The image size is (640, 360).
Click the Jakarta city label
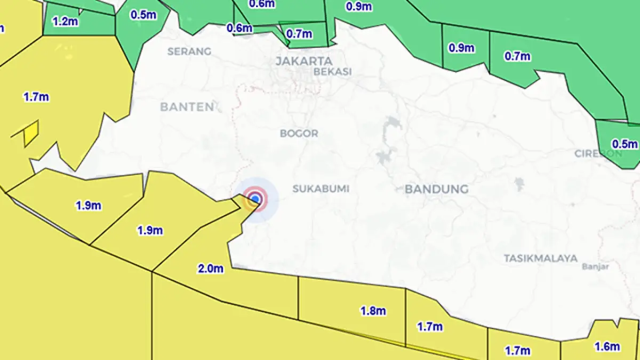coord(303,61)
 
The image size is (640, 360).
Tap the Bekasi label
coord(332,71)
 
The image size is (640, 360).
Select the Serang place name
coord(189,52)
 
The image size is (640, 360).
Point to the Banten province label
coord(187,107)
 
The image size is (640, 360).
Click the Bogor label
coord(299,133)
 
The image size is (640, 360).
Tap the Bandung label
coord(436,189)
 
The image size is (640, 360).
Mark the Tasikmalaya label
coord(540,258)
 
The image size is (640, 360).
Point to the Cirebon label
coord(597,154)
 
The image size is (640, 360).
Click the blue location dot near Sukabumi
coord(255,199)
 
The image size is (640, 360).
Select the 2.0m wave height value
coord(211,269)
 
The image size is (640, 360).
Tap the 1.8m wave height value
coord(373,311)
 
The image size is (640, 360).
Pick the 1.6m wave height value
coord(607,347)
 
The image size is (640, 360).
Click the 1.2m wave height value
coord(65,22)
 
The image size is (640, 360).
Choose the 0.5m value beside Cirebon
coord(625,144)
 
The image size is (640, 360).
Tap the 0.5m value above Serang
coord(143,14)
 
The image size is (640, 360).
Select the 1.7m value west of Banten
coord(36,97)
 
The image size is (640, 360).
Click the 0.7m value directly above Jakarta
coord(299,34)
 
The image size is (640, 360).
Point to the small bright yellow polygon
coord(31,133)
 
